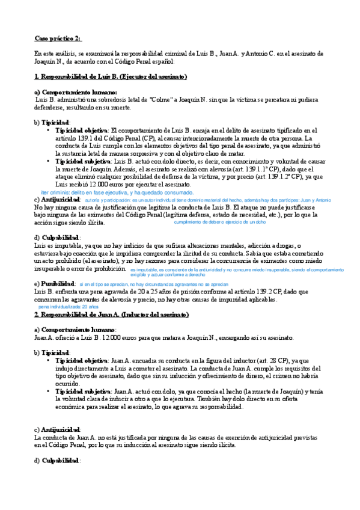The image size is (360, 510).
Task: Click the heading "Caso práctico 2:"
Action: (57, 38)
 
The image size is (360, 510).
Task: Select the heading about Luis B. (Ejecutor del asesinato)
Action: (111, 77)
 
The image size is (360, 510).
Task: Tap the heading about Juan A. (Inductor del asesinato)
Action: (111, 315)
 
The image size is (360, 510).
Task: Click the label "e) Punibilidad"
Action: (54, 283)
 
